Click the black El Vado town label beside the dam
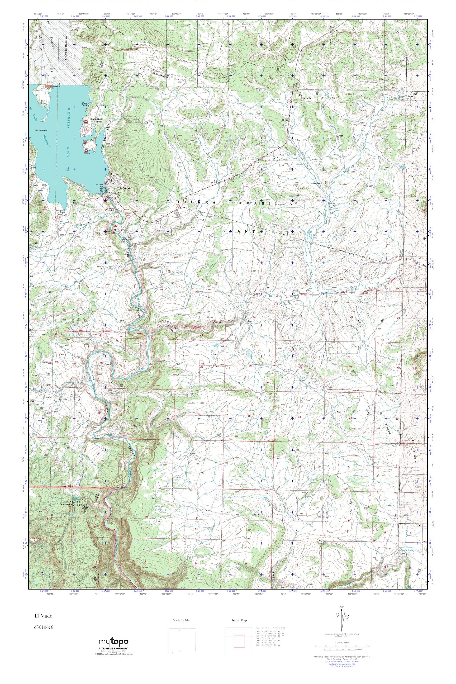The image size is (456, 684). tap(125, 188)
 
